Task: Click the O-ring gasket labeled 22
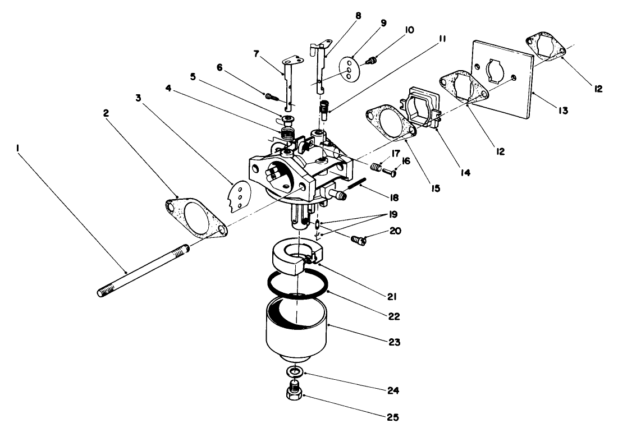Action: click(x=297, y=286)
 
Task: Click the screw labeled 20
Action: click(x=357, y=241)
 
